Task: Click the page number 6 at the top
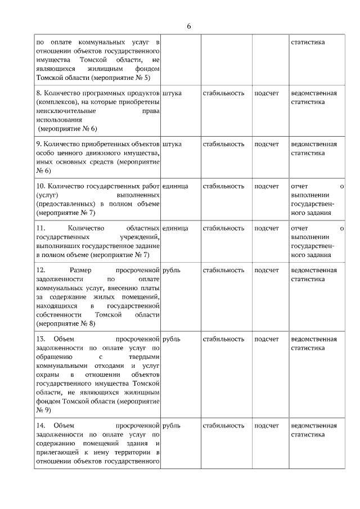[x=189, y=26]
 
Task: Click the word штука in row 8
[x=172, y=93]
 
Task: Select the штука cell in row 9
[x=172, y=144]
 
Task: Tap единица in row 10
[x=175, y=186]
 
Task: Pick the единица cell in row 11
[x=175, y=228]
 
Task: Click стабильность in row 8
[x=223, y=93]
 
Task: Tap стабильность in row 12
[x=223, y=270]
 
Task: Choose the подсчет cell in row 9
[x=267, y=144]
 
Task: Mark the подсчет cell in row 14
[x=267, y=426]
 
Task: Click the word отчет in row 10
[x=300, y=186]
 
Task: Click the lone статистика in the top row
[x=307, y=42]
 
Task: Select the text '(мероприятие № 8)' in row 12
[x=66, y=324]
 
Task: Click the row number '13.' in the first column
[x=40, y=339]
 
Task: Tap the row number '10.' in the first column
[x=40, y=186]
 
